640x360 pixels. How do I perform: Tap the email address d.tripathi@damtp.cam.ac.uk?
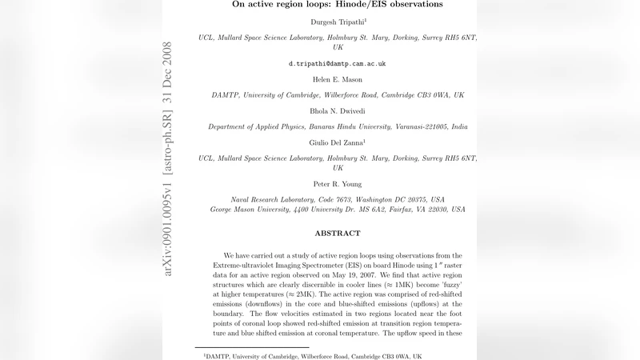point(337,63)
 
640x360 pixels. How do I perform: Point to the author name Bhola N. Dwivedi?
point(337,111)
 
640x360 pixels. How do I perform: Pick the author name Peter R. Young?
point(337,184)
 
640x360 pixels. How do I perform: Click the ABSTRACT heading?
point(337,234)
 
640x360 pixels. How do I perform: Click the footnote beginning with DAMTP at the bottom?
point(312,355)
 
